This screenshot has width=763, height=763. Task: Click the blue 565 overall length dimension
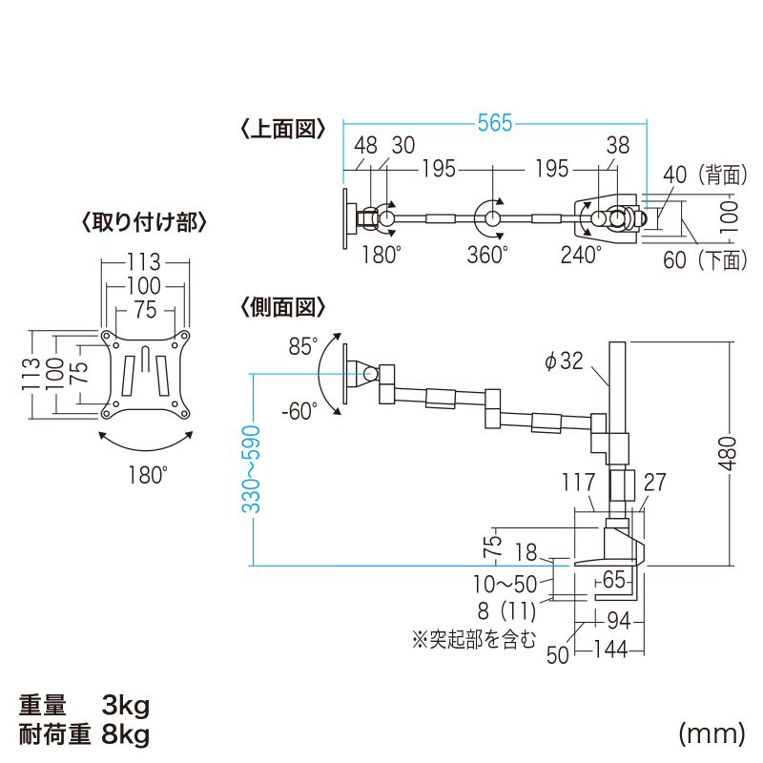tap(495, 123)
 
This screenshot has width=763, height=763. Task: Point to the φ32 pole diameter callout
tap(564, 361)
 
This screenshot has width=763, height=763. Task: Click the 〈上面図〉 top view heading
tap(282, 129)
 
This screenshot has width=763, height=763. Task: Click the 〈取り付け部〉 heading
tap(145, 223)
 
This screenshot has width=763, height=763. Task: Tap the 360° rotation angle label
tap(487, 255)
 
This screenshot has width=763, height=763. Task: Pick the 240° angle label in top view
tap(581, 255)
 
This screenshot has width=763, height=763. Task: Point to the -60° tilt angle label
tap(299, 411)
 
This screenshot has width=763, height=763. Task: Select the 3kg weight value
tap(125, 706)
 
